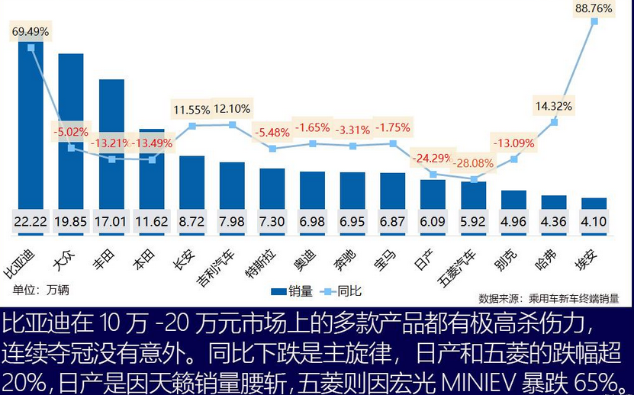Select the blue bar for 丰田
111,145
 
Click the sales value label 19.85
71,221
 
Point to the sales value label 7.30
272,221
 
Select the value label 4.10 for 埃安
594,221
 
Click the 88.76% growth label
594,8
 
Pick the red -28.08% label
475,162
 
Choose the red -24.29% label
433,158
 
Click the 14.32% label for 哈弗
553,106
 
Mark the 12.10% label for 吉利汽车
232,109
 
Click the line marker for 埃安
594,21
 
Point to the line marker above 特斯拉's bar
272,149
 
